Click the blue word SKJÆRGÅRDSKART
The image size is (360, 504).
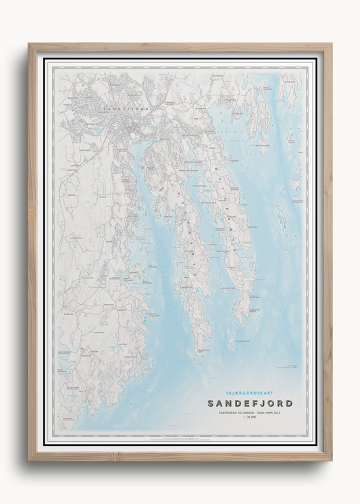[249, 393]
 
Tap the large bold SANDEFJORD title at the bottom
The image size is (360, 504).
[250, 403]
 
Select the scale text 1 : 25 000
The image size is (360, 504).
[250, 419]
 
